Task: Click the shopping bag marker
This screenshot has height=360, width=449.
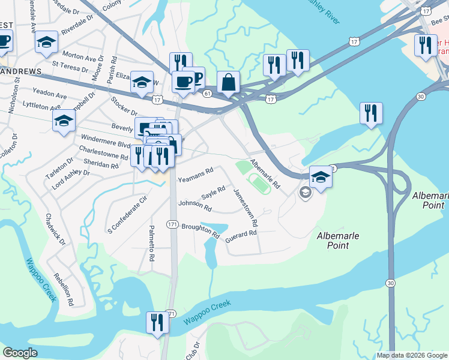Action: (x=229, y=83)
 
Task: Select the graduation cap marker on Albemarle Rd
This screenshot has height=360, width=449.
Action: (x=321, y=178)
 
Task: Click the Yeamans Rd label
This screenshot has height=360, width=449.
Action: (x=196, y=175)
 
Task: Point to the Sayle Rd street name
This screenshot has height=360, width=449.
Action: (x=213, y=193)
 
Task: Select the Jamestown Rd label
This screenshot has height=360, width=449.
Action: (x=246, y=206)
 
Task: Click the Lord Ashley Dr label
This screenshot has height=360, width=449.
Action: (x=70, y=179)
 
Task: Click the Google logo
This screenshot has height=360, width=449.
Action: (x=20, y=353)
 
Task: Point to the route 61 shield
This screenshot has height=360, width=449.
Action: (x=208, y=94)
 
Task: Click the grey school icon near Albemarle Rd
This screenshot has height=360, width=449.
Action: (x=305, y=192)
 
